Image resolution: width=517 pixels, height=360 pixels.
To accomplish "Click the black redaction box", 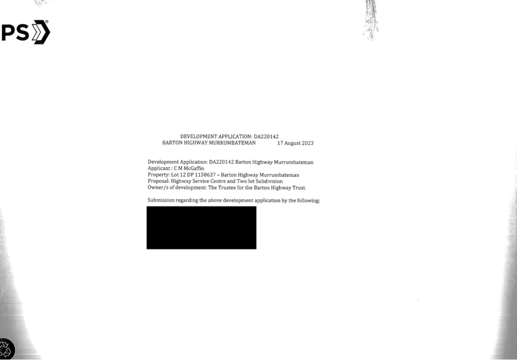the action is click(202, 227).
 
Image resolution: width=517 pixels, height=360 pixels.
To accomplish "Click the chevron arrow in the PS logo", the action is click(41, 32).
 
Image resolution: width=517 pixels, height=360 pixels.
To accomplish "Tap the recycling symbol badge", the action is click(7, 349).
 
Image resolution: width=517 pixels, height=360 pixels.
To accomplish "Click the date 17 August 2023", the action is click(295, 143).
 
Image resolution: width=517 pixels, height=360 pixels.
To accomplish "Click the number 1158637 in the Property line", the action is click(205, 175).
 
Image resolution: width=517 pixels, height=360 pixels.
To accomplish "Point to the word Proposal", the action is click(159, 181).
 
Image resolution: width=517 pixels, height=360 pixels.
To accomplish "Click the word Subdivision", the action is click(269, 181).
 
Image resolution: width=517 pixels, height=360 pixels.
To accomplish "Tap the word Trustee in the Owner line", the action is click(227, 188).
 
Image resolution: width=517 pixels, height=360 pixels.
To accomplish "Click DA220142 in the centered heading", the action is click(266, 136).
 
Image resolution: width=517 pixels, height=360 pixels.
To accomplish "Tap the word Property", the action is click(159, 175).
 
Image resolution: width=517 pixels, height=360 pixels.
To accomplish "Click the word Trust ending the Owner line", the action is click(299, 188).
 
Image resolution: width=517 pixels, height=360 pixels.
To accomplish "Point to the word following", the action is click(308, 200).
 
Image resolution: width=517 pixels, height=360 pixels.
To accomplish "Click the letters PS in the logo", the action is click(16, 32).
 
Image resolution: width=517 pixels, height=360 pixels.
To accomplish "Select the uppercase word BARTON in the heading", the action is click(172, 143).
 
